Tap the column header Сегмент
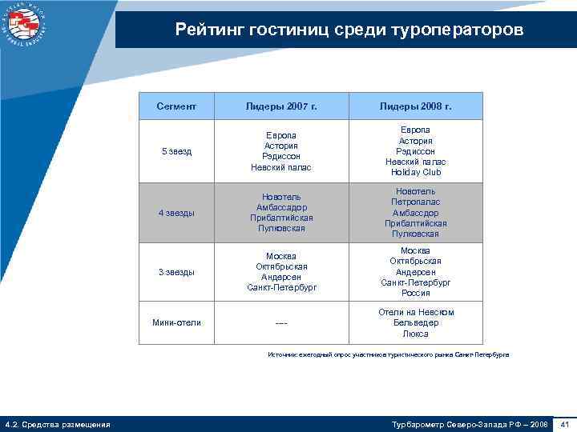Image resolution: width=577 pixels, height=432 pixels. (176, 106)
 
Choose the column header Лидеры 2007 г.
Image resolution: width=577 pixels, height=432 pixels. (280, 106)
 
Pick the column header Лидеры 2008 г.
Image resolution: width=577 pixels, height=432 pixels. (416, 106)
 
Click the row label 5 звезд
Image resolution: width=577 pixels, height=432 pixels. (176, 151)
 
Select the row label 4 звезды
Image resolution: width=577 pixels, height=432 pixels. (176, 213)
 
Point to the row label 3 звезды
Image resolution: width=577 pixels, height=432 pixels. (176, 272)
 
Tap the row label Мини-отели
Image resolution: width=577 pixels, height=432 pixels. (176, 322)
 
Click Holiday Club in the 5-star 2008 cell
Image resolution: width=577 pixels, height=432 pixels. (416, 172)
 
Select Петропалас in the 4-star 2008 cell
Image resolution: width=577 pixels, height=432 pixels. (416, 202)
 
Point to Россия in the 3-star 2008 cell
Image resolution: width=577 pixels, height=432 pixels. (416, 293)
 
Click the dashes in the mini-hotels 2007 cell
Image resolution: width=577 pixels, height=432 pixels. (280, 323)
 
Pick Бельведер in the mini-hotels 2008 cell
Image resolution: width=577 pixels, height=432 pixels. (416, 322)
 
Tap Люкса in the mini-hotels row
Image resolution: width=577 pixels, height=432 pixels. (416, 334)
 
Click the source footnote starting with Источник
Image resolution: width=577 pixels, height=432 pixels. (388, 354)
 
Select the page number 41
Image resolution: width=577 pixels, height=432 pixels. (565, 423)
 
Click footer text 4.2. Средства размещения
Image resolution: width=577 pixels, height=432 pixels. (57, 423)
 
